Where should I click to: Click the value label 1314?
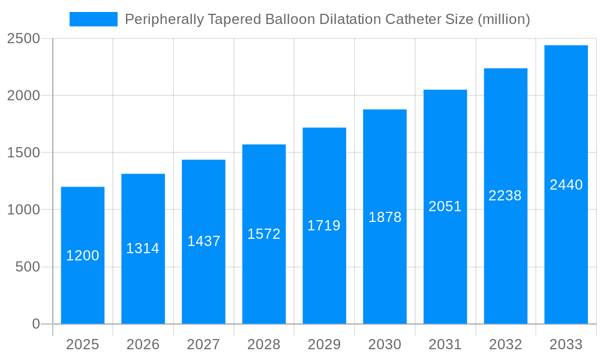143,248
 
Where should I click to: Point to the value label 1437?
204,241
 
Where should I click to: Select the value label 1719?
324,226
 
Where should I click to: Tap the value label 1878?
385,217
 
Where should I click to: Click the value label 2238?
505,196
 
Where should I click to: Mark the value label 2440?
566,185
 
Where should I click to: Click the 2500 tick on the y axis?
23,39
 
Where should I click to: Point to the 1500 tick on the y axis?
23,153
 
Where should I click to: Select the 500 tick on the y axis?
28,267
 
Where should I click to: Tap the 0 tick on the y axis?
35,324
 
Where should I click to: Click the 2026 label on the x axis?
143,344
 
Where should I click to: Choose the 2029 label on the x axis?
324,344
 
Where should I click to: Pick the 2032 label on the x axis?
505,344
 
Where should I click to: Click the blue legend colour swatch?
94,19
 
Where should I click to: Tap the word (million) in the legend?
503,19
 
